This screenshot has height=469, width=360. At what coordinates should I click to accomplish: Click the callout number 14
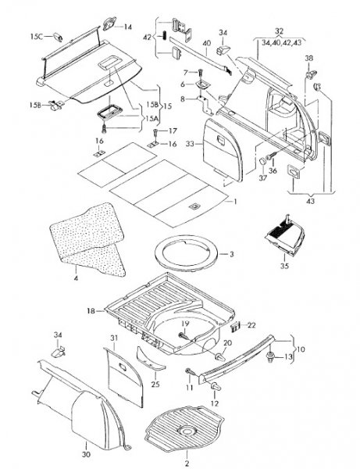[x=127, y=27]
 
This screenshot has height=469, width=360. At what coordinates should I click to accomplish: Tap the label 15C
[x=37, y=37]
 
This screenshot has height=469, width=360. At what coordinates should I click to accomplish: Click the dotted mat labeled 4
[x=87, y=238]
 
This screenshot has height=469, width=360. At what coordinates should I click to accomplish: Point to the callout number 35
[x=284, y=265]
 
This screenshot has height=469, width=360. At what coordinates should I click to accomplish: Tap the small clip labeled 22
[x=235, y=326]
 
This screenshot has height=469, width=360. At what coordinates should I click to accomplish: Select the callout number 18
[x=91, y=311]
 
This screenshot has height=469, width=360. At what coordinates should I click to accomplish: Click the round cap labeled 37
[x=262, y=161]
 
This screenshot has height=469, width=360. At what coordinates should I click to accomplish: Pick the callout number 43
[x=310, y=201]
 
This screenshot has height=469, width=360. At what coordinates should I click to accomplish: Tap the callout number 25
[x=155, y=384]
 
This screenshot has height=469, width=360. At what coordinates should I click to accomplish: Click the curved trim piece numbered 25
[x=149, y=358]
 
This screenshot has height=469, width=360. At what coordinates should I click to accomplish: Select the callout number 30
[x=86, y=454]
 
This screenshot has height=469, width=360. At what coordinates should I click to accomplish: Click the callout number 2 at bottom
[x=187, y=464]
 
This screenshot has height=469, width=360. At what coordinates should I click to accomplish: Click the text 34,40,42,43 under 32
[x=281, y=43]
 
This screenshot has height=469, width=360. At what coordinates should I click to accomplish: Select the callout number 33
[x=190, y=144]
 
